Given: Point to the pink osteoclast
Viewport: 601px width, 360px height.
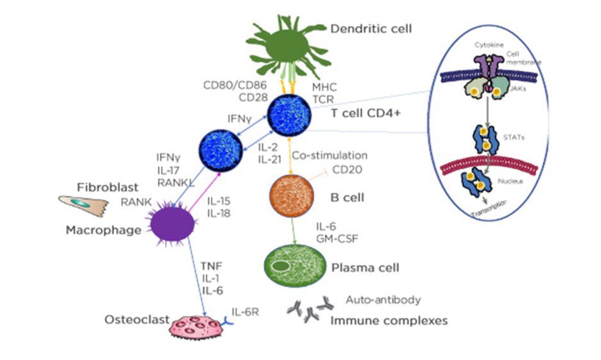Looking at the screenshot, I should pos(198,324).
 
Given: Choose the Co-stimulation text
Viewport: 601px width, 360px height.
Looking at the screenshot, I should pos(329,155).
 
